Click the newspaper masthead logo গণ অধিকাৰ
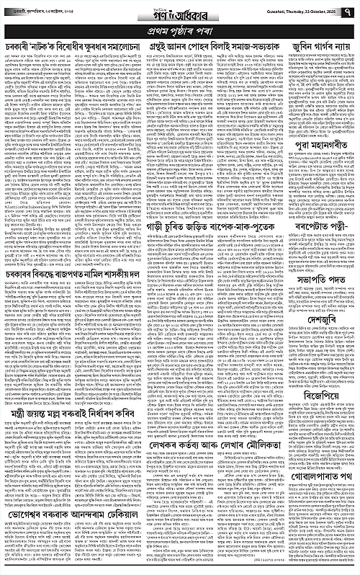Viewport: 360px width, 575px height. click(180, 12)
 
